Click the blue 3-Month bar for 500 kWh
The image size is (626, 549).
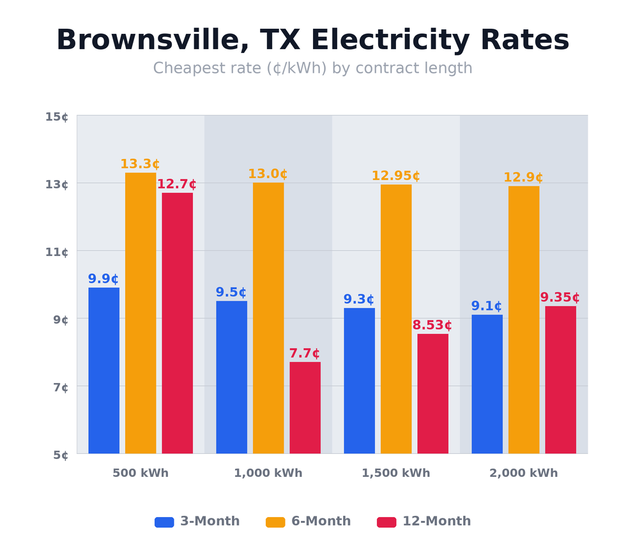pos(103,370)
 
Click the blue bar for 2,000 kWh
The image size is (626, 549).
pos(487,384)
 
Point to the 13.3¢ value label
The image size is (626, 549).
pos(140,164)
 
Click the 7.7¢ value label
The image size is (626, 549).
pos(304,353)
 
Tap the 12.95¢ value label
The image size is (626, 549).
pos(395,176)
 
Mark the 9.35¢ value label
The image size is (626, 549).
pos(560,297)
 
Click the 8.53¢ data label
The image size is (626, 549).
pos(432,325)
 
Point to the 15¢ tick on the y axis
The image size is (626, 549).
pos(57,116)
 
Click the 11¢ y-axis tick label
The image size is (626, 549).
pos(57,252)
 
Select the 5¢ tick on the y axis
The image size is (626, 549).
pos(61,455)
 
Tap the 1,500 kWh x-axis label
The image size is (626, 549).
pos(395,473)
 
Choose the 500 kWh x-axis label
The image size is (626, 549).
pos(140,473)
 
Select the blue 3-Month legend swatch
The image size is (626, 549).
pos(164,522)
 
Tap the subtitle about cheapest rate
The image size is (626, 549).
pos(312,68)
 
